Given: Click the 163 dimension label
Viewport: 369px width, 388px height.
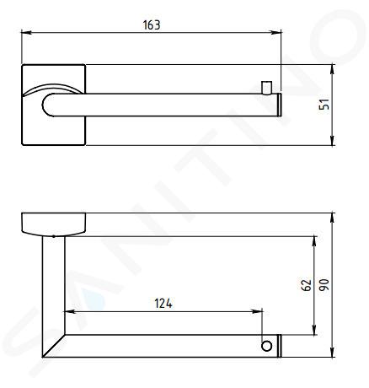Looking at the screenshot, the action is [152, 24].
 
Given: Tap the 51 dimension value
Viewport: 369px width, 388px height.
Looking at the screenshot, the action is [324, 105].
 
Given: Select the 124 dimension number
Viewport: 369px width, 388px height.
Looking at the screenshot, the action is [163, 304].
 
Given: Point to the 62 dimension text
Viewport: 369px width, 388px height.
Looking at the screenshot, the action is [306, 285].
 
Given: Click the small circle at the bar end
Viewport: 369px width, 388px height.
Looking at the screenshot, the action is [266, 346].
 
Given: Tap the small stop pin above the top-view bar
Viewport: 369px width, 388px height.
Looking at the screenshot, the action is [266, 88].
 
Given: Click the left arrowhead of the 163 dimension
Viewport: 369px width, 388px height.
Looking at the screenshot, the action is [26, 32].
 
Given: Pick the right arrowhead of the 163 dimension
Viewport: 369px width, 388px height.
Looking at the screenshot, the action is [276, 32].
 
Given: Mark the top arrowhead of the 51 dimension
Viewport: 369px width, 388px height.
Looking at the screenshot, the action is [333, 69].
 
